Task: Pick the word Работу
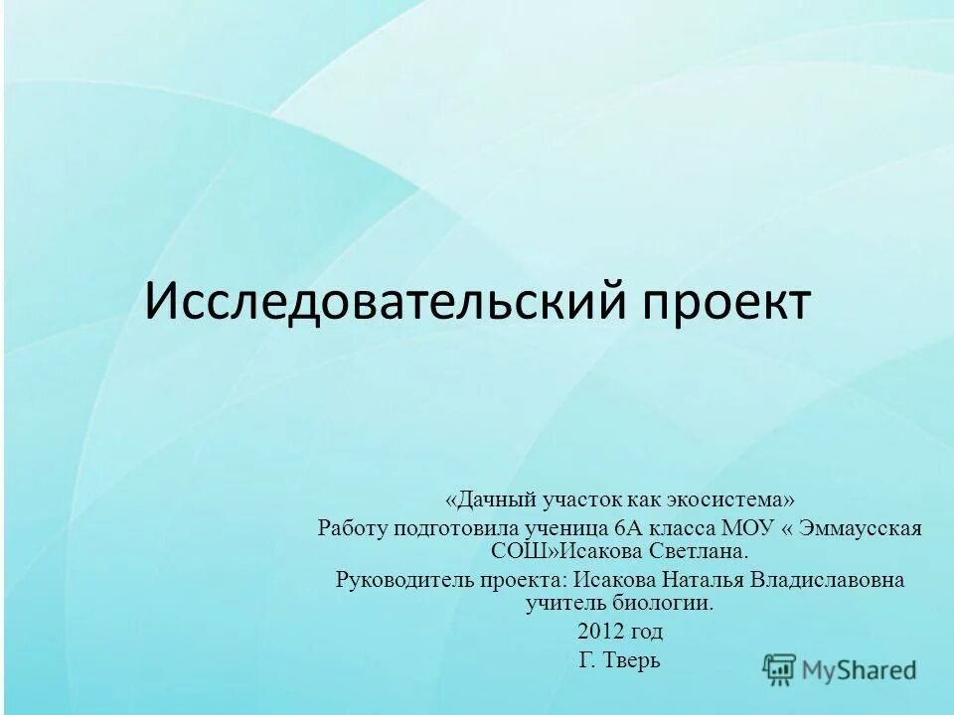(x=352, y=527)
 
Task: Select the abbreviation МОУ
(x=750, y=527)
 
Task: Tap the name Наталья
(x=700, y=580)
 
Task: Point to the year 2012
(x=598, y=632)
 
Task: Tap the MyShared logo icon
(x=780, y=670)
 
